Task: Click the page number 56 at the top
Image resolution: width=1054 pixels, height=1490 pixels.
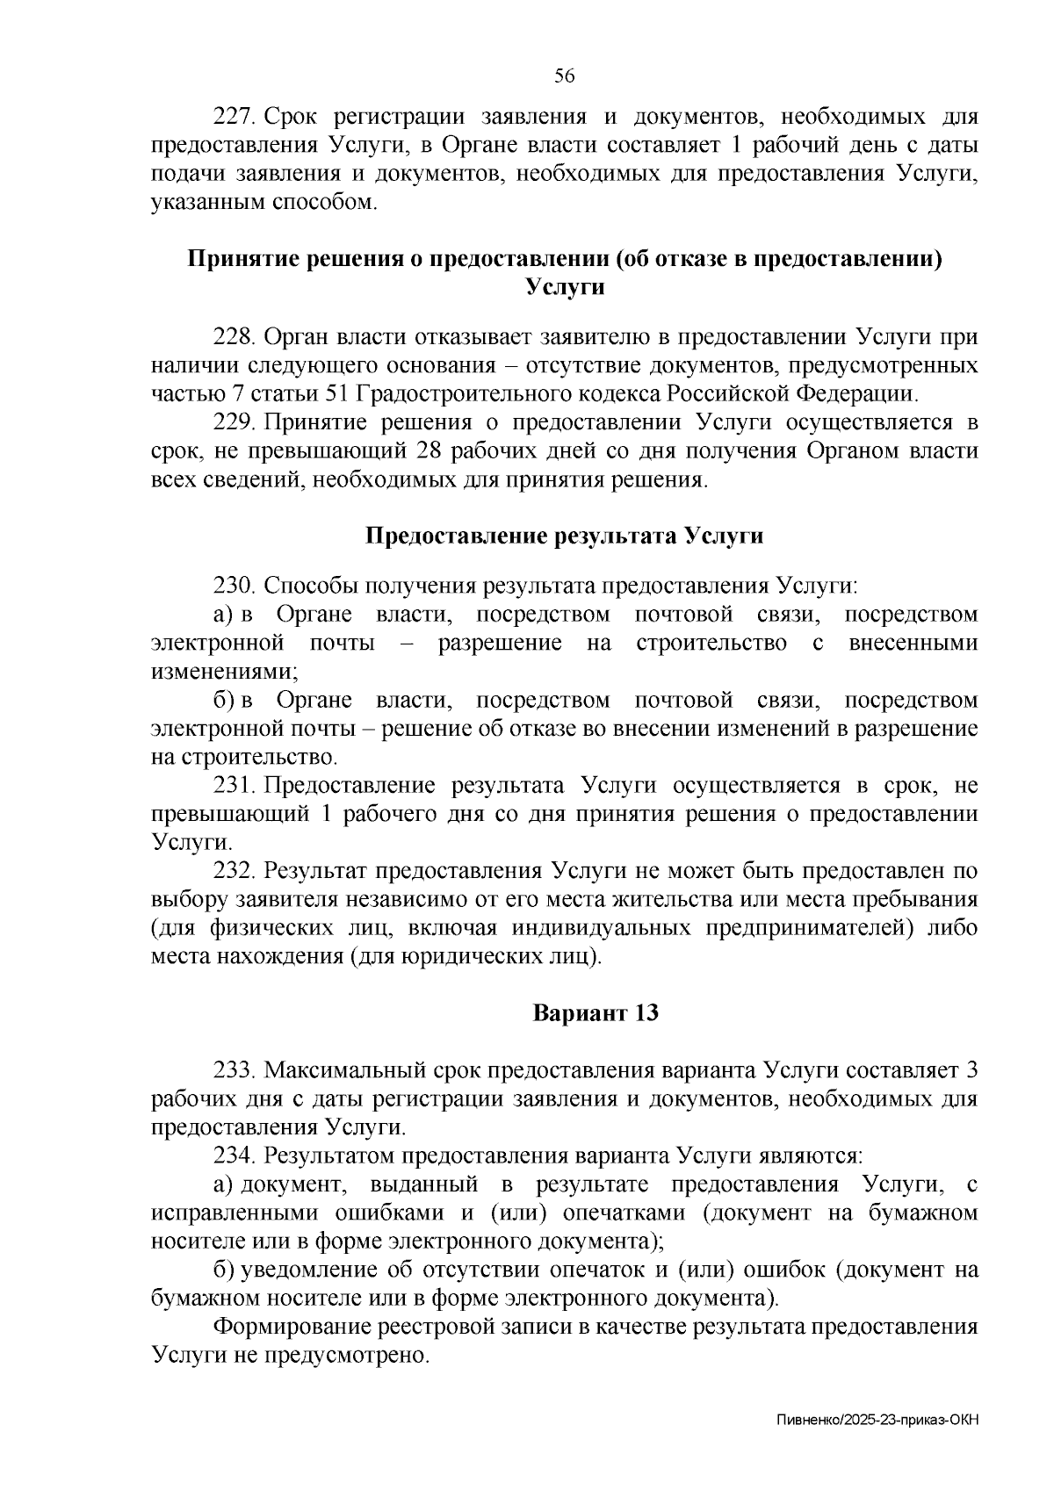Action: (564, 76)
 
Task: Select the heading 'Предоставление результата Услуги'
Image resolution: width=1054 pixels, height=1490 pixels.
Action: (564, 536)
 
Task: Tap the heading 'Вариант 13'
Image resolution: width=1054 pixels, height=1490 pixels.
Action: (596, 1012)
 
